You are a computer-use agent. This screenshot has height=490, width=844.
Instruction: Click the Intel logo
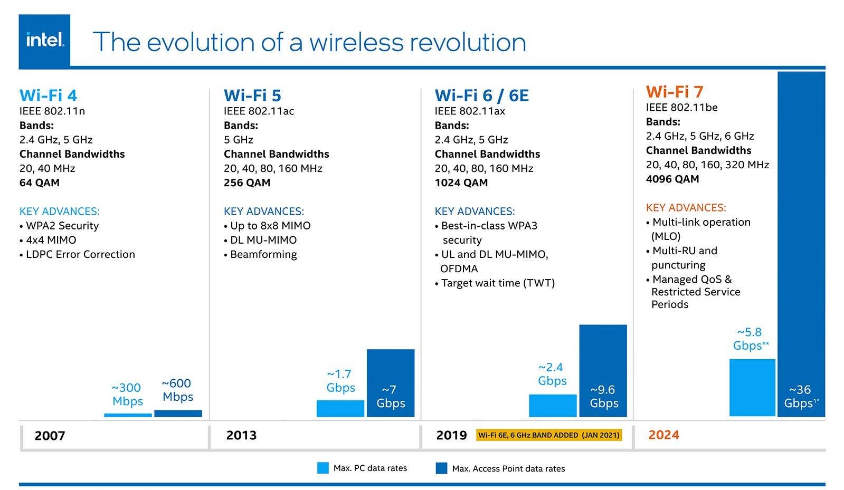tap(44, 40)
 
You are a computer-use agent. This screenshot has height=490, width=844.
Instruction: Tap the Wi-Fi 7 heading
tap(674, 92)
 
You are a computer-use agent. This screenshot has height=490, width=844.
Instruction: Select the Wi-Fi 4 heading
tap(48, 95)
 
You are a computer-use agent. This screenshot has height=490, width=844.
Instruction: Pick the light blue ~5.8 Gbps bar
tap(752, 388)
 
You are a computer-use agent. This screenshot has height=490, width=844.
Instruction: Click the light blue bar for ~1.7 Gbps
tap(340, 409)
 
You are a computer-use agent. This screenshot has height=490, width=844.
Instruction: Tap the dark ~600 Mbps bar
tap(178, 414)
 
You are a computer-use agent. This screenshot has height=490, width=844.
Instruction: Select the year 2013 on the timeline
tap(241, 435)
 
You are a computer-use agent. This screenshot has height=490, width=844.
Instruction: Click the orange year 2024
tap(663, 435)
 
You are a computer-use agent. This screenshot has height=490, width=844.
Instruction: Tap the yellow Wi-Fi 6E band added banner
tap(548, 435)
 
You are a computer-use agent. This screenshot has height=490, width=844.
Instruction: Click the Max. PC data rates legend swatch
tap(323, 468)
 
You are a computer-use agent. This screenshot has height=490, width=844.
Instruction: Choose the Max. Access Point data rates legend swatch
tap(441, 468)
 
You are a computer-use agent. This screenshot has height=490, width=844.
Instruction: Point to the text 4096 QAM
tap(672, 179)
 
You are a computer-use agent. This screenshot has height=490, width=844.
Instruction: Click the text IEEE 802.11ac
tap(259, 111)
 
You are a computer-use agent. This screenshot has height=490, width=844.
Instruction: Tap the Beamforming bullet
tap(263, 254)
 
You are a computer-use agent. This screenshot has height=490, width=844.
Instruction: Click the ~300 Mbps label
tap(127, 395)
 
